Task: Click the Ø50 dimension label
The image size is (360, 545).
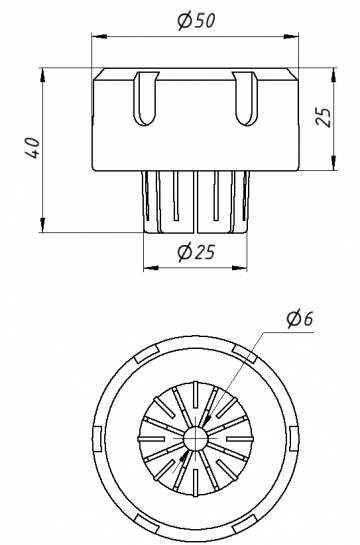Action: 197,21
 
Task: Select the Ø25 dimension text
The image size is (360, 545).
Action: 196,252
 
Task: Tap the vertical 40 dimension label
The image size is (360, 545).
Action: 33,148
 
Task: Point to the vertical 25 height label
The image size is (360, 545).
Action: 324,117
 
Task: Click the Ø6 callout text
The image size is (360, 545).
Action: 300,319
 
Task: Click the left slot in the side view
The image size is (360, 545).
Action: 145,98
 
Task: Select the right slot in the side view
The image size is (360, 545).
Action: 244,98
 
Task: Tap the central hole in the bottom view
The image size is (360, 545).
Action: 195,439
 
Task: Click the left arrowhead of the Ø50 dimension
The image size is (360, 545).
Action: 99,36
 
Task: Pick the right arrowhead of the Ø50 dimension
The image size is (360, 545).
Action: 291,36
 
